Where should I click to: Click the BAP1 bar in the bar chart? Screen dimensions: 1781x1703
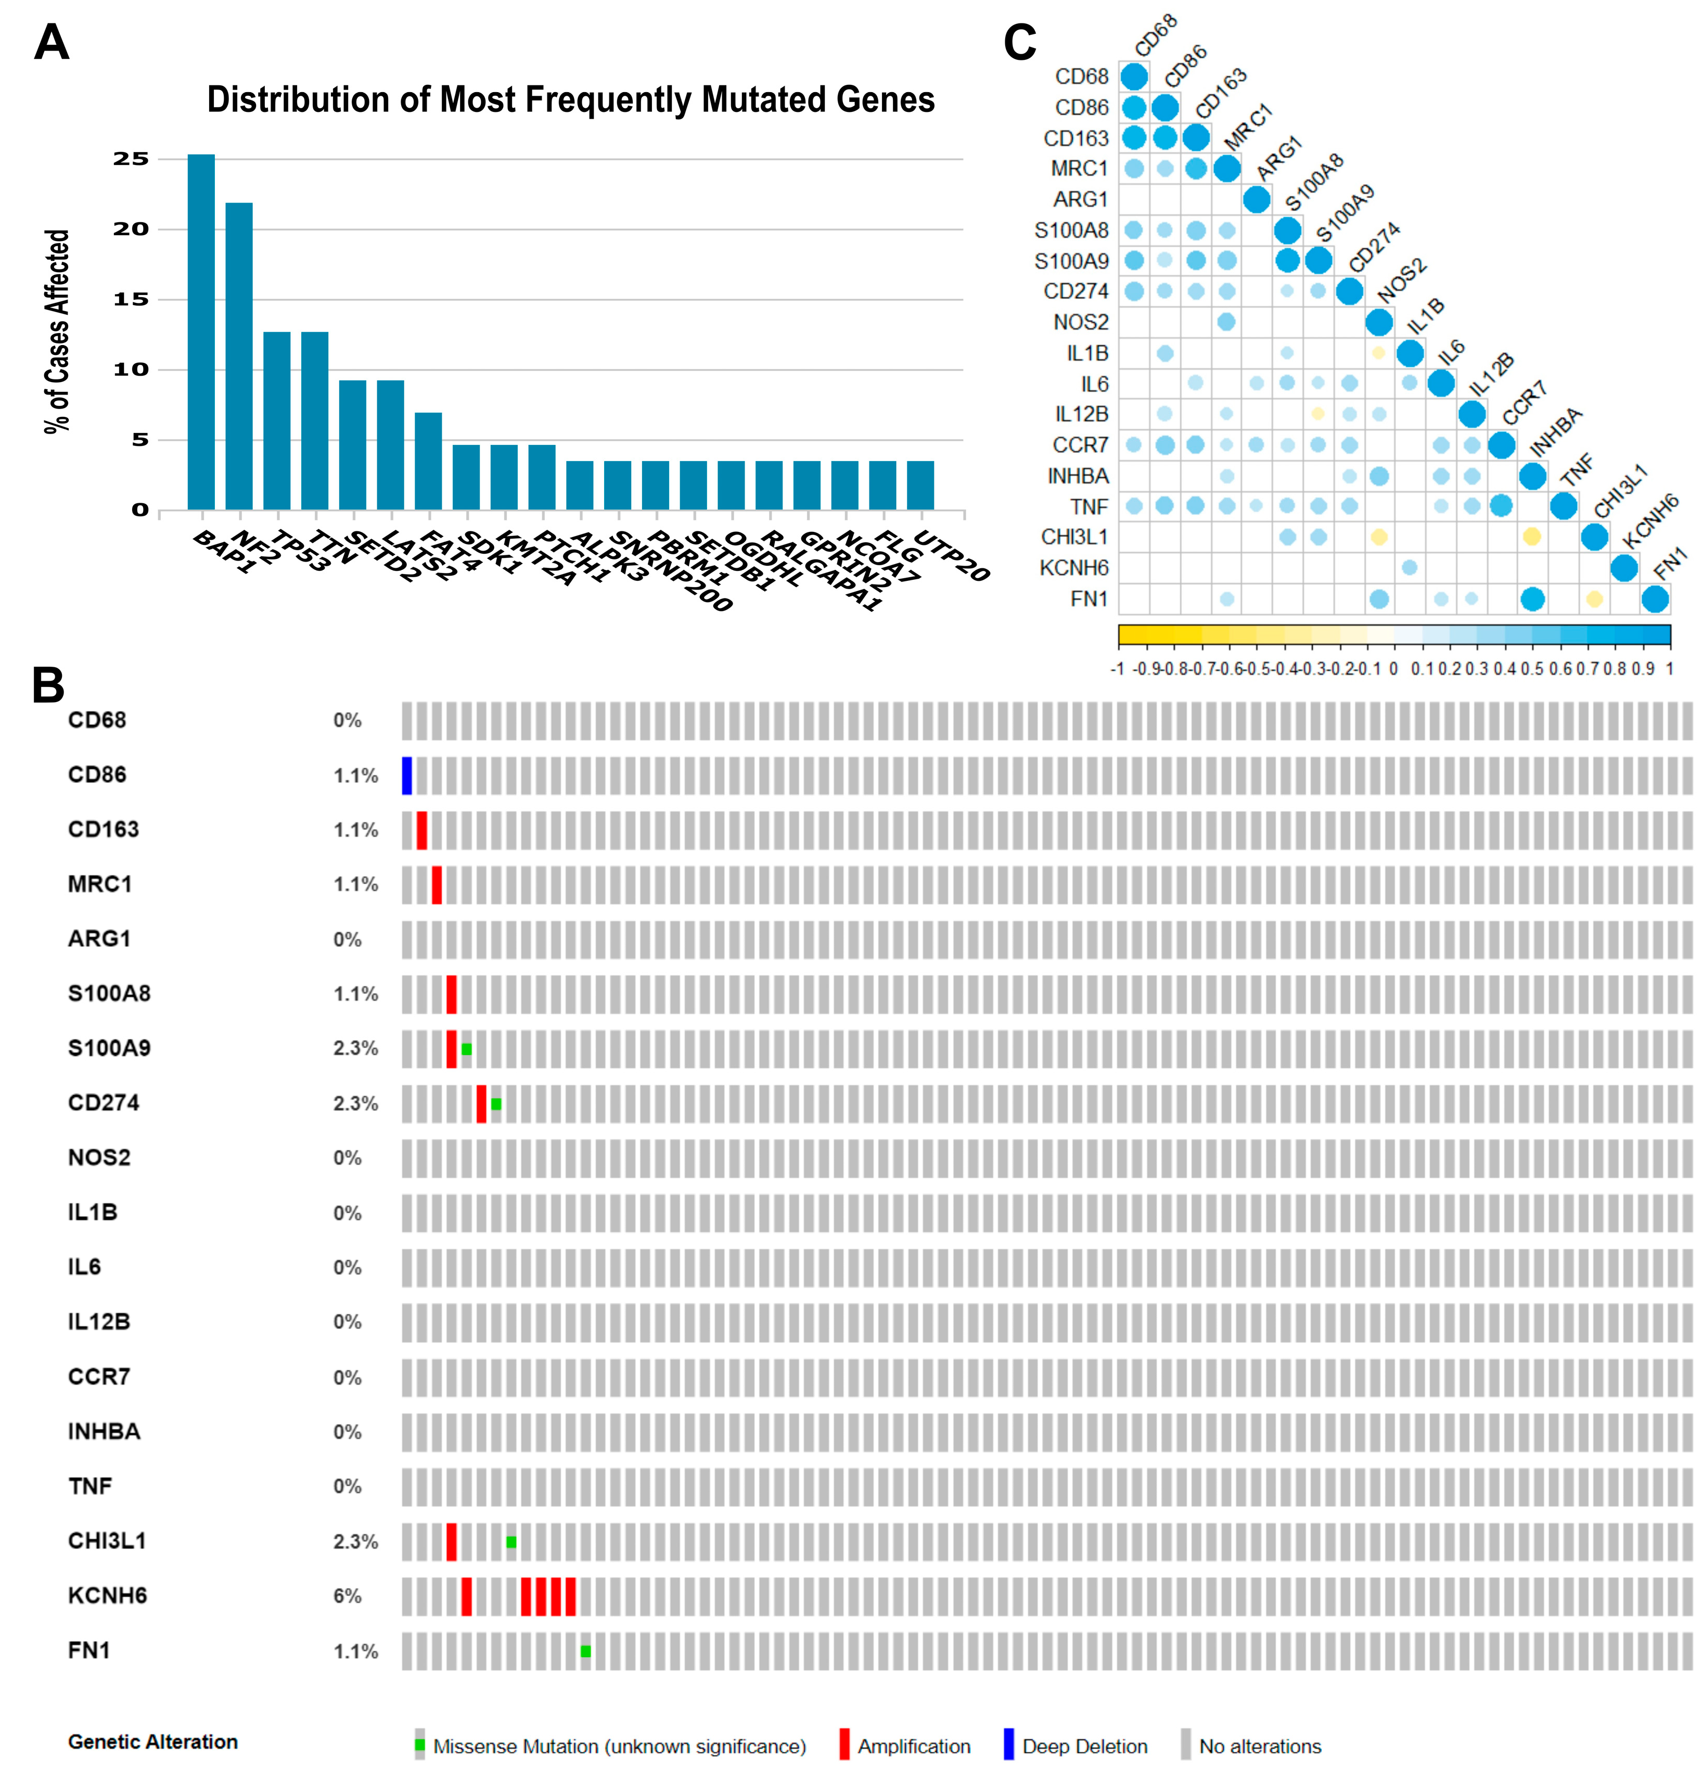(x=201, y=332)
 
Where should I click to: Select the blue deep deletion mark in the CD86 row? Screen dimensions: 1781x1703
(x=407, y=775)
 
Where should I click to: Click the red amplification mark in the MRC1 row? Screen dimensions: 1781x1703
(x=437, y=885)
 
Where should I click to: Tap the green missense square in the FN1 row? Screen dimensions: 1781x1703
(x=585, y=1651)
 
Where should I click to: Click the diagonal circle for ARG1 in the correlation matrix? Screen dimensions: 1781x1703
(x=1257, y=199)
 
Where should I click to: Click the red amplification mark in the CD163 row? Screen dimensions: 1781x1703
(x=422, y=830)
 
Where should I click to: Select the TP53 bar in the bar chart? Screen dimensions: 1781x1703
(x=277, y=421)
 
